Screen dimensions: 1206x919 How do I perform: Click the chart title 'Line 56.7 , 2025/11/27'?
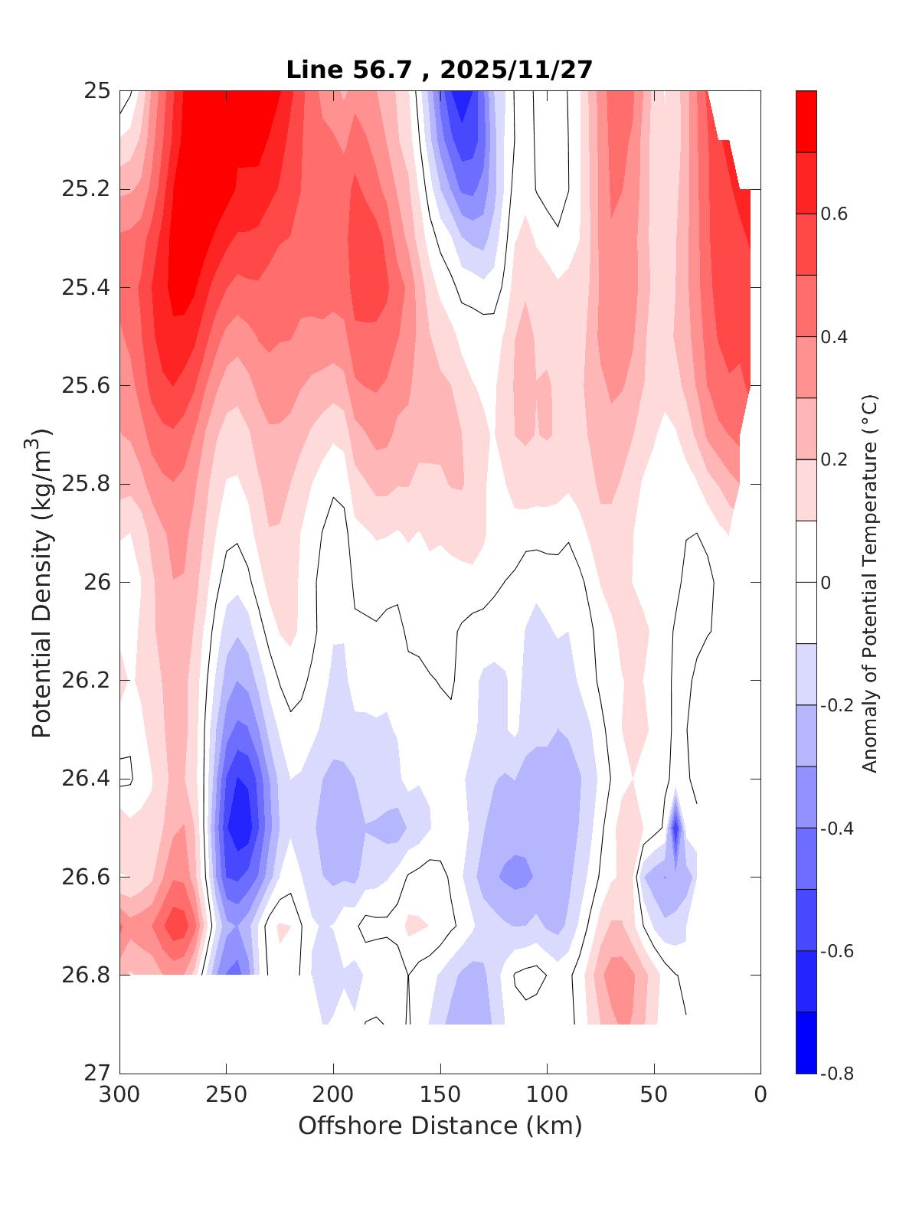tap(439, 70)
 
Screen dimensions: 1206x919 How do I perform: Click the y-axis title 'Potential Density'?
tap(42, 583)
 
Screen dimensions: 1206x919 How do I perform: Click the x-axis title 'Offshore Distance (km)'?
tap(440, 1126)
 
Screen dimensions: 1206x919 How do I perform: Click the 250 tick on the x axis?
tap(226, 1095)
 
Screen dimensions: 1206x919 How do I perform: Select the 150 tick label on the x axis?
tap(440, 1095)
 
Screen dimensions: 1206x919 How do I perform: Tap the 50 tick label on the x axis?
tap(654, 1095)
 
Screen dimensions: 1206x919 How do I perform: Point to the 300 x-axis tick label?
tap(119, 1095)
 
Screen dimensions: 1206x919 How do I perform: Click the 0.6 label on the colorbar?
tap(833, 214)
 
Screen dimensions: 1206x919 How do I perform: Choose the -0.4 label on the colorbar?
tap(836, 829)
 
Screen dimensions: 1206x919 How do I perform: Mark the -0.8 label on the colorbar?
tap(836, 1074)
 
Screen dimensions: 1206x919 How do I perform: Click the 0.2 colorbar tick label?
tap(833, 459)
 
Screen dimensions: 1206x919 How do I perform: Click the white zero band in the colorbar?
tap(806, 583)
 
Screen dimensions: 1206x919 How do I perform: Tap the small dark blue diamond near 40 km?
tap(675, 829)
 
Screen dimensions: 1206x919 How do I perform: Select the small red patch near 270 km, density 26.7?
tap(177, 923)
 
